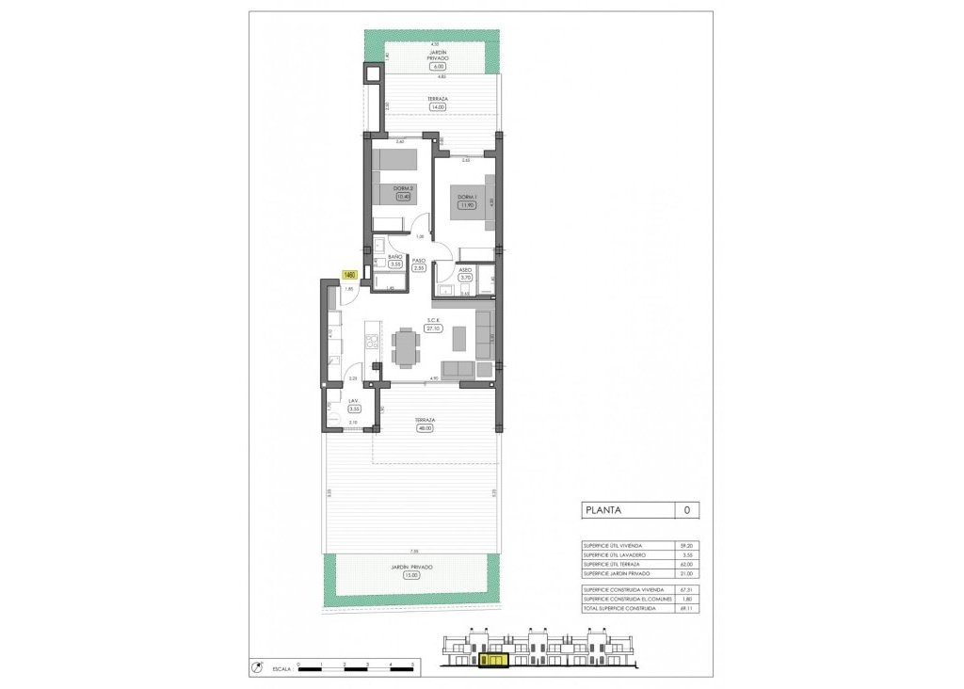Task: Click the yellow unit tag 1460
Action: (349, 274)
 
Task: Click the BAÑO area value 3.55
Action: (395, 264)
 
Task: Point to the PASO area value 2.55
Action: (420, 268)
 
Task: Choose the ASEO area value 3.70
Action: (464, 277)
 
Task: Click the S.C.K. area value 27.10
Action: (433, 329)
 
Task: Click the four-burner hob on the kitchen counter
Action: (371, 338)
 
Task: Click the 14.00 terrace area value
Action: (436, 107)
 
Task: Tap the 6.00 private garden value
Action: (436, 67)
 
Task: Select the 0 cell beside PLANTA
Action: (686, 511)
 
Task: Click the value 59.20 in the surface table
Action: (686, 545)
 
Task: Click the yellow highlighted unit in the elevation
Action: (492, 662)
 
